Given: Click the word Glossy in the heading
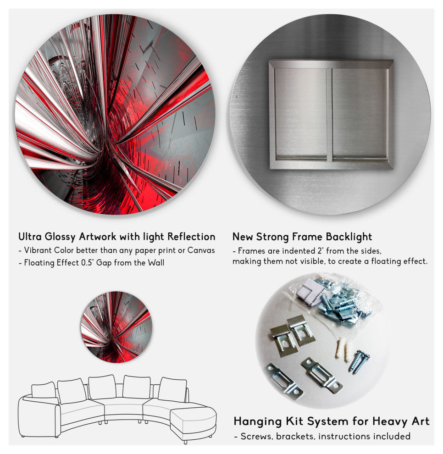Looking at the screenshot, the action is pos(60,237).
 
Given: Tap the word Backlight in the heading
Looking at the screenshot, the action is pos(349,237).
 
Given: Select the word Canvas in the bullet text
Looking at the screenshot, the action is pos(201,250).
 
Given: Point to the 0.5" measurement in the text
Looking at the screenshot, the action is pos(87,263).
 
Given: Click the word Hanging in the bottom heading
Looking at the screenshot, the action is pos(258,421).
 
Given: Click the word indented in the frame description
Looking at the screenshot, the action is pos(294,251).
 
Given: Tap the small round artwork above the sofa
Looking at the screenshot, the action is pos(116,327).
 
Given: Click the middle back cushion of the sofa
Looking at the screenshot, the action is pos(102,387).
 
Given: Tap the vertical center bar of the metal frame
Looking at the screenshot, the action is pos(329,115).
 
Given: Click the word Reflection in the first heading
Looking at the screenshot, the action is pos(191,237).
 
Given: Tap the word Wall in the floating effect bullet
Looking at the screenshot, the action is pos(156,263).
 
